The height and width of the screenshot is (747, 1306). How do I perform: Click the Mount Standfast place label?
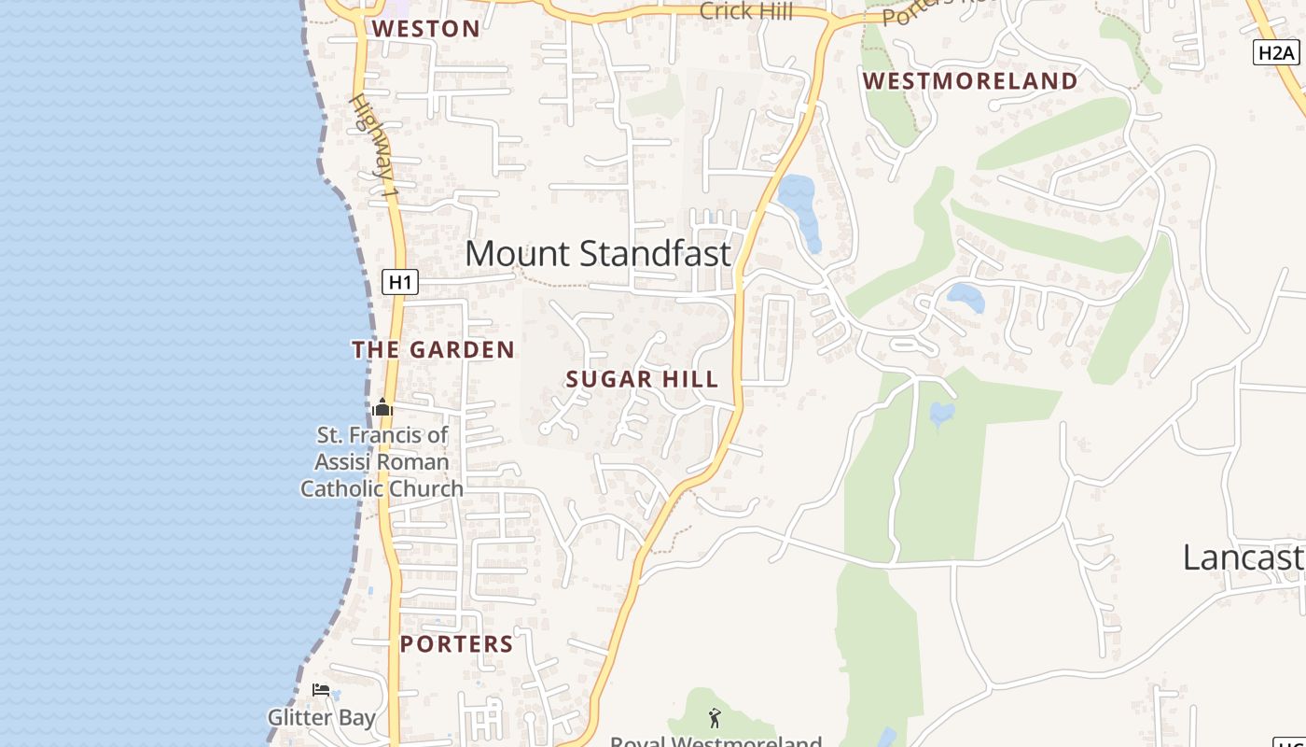[597, 253]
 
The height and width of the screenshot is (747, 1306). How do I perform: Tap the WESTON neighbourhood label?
[426, 29]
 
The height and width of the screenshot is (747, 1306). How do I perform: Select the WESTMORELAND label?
[970, 81]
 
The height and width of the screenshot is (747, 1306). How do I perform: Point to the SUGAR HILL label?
[642, 379]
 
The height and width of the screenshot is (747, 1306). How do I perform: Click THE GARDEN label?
[433, 350]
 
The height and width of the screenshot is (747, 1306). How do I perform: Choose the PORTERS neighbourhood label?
[457, 644]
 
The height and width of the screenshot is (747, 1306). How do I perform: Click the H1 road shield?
[399, 282]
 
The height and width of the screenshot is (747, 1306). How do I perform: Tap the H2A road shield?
[1275, 52]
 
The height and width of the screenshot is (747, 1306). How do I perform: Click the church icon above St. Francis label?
[382, 408]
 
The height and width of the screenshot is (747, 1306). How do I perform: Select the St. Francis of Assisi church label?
[382, 461]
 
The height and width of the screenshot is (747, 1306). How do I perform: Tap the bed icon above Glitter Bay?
[321, 690]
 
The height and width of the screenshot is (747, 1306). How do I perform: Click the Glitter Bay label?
[321, 717]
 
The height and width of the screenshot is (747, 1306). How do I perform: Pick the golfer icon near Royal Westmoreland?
[715, 718]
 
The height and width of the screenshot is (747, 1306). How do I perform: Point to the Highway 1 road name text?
[374, 145]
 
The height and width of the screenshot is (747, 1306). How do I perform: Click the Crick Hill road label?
[745, 11]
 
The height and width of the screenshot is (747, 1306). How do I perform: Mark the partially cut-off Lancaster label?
[1243, 557]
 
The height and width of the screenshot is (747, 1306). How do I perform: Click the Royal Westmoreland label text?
[716, 741]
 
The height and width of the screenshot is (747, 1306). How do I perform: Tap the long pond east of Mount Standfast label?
[799, 209]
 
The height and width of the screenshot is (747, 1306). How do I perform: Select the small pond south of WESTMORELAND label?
[966, 298]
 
